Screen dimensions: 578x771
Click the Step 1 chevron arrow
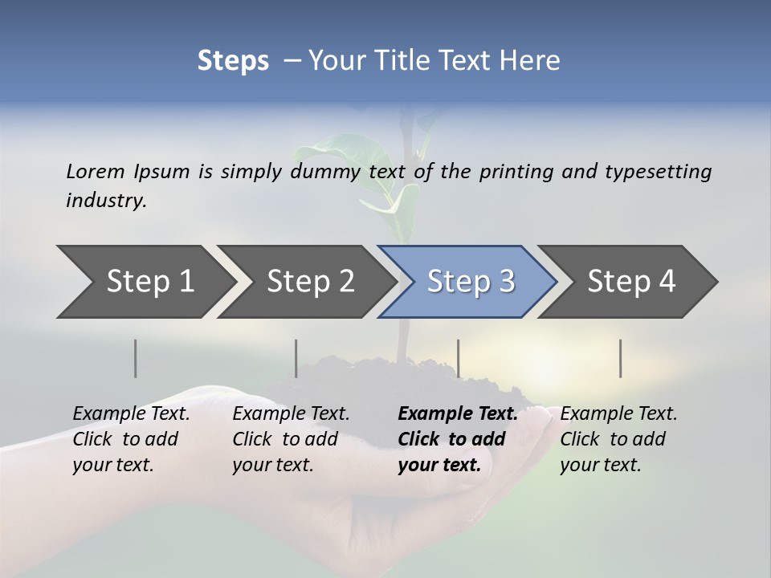click(x=145, y=282)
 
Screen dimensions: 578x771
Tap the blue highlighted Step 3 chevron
click(x=468, y=282)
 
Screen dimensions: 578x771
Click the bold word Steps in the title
click(x=233, y=60)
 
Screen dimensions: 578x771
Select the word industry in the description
click(x=106, y=201)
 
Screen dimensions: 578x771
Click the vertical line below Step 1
click(x=136, y=358)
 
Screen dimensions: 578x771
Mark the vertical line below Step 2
click(x=296, y=358)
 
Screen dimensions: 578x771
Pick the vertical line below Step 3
click(x=459, y=358)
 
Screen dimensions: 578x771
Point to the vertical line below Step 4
click(x=621, y=358)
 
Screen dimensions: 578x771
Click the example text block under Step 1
click(x=131, y=439)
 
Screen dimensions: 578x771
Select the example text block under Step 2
click(x=291, y=439)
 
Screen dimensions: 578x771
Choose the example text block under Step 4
click(x=618, y=439)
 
